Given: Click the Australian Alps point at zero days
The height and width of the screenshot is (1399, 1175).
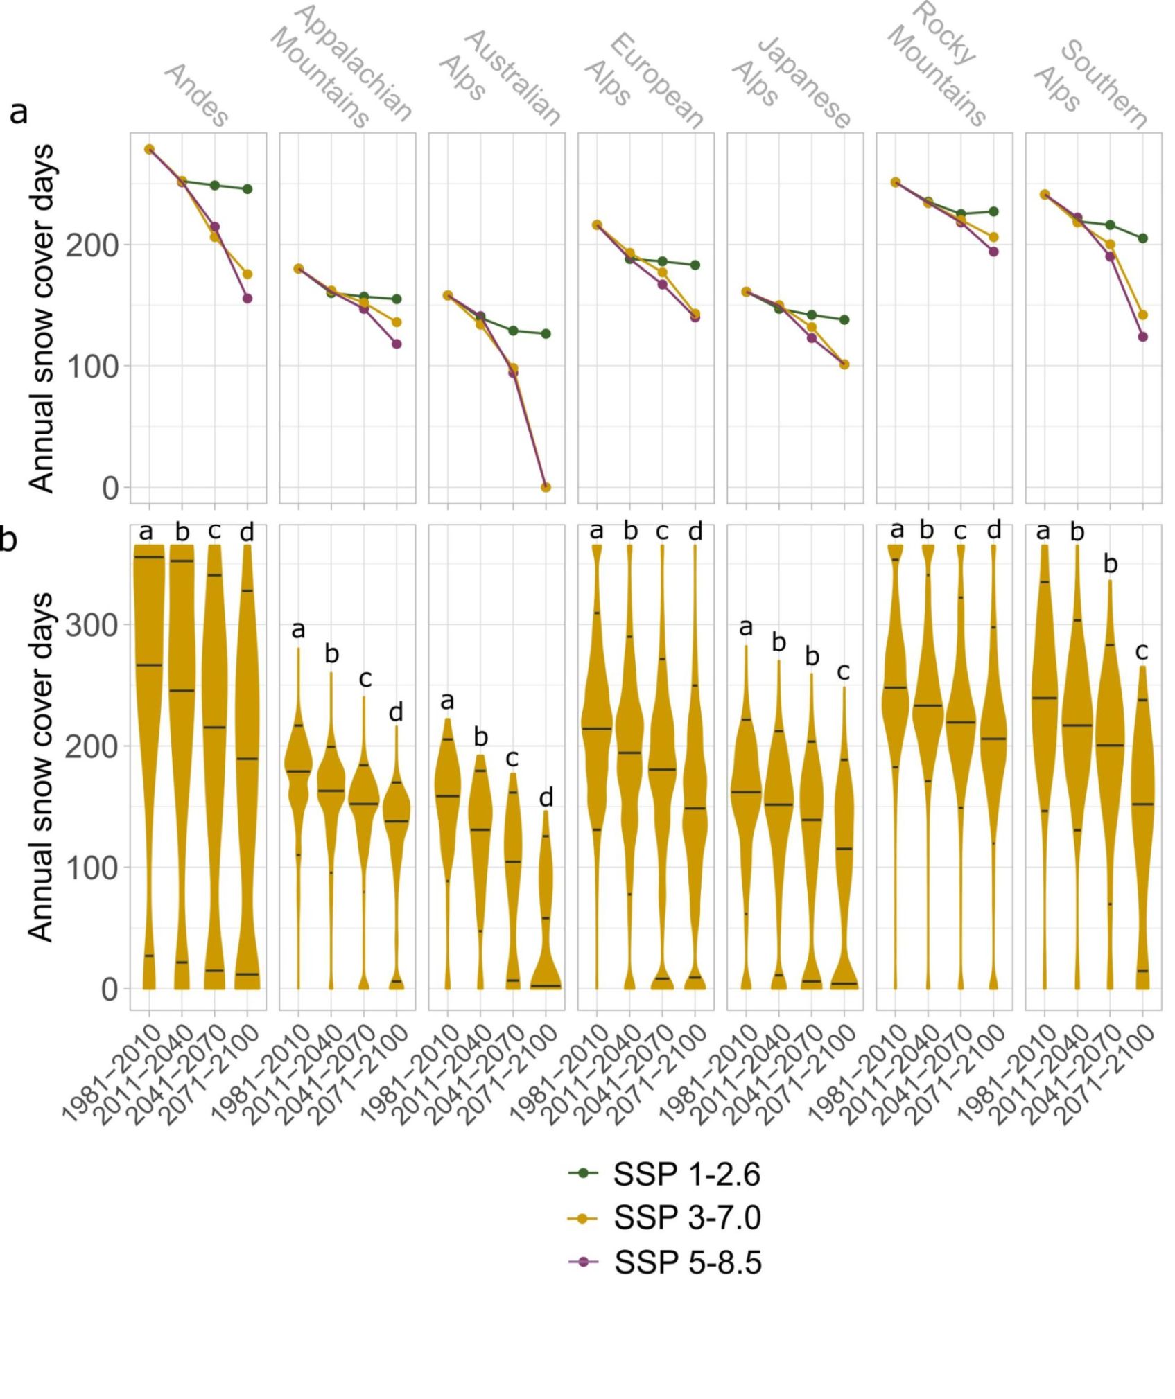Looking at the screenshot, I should coord(546,487).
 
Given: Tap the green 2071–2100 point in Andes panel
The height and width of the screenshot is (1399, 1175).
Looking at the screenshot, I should coord(247,189).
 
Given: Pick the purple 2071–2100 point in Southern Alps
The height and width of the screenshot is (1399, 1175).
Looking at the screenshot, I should coord(1142,337).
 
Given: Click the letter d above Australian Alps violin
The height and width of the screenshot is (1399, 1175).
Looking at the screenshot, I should coord(546,798).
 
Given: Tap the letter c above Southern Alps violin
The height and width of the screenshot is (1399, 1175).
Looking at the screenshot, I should coord(1141,651).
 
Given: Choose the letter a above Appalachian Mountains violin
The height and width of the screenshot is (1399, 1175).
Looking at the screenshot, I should coord(298,629).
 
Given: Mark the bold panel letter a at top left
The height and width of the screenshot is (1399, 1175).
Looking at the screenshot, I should coord(19,111).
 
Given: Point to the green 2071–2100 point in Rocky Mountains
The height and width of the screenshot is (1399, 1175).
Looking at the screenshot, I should coord(993,211).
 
